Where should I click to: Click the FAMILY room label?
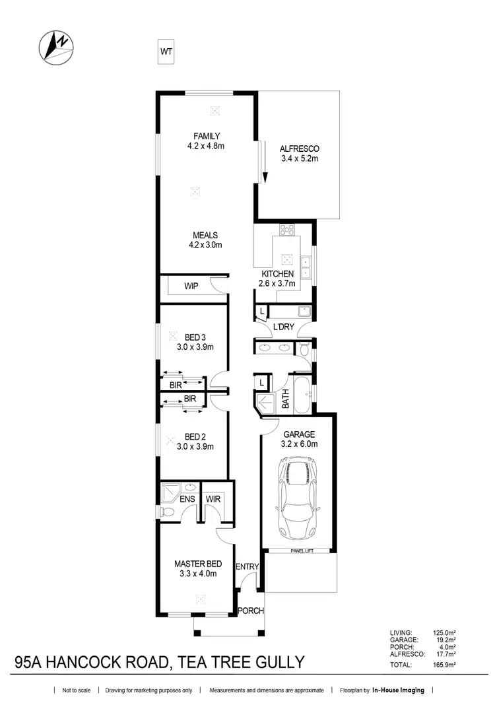click(206, 136)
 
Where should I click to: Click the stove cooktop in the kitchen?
click(288, 230)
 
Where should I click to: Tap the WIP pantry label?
click(191, 286)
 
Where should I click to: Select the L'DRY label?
click(284, 326)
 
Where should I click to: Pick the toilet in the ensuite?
click(169, 512)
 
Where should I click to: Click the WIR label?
click(213, 500)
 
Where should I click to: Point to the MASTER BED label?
click(198, 564)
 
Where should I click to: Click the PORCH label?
click(251, 611)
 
